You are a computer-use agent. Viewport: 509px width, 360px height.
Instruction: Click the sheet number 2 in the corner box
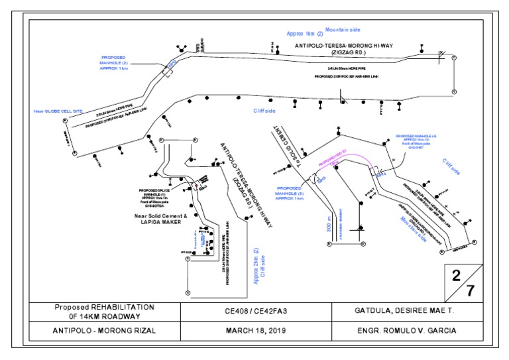coord(456,274)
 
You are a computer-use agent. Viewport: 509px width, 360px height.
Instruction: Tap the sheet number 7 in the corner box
coord(470,290)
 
